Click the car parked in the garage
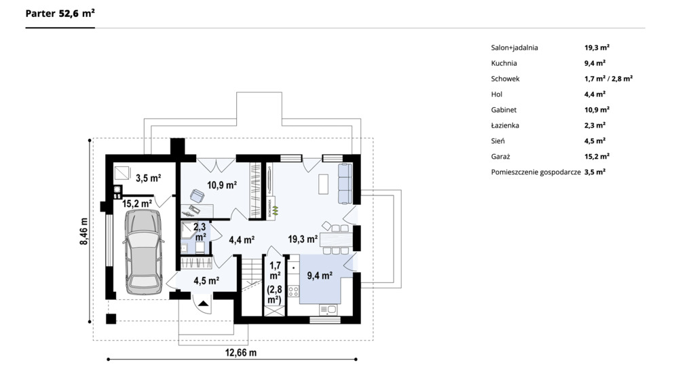[x=143, y=252]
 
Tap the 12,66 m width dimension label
[x=241, y=353]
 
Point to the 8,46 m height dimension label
[x=83, y=231]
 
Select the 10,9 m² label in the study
[x=222, y=185]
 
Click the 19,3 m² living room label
[x=303, y=240]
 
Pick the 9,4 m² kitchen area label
[x=320, y=276]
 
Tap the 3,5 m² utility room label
[x=148, y=178]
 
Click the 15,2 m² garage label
[x=137, y=204]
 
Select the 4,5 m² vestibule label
[x=206, y=281]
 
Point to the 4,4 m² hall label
[x=242, y=240]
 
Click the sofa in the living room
[x=345, y=183]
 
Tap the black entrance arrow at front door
[x=204, y=303]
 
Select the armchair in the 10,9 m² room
[x=198, y=196]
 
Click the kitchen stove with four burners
[x=293, y=291]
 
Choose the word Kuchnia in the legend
[x=504, y=63]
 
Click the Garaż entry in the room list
[x=500, y=157]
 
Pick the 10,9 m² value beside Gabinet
[x=597, y=109]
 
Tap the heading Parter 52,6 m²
[x=60, y=14]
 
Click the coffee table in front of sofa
[x=324, y=184]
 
